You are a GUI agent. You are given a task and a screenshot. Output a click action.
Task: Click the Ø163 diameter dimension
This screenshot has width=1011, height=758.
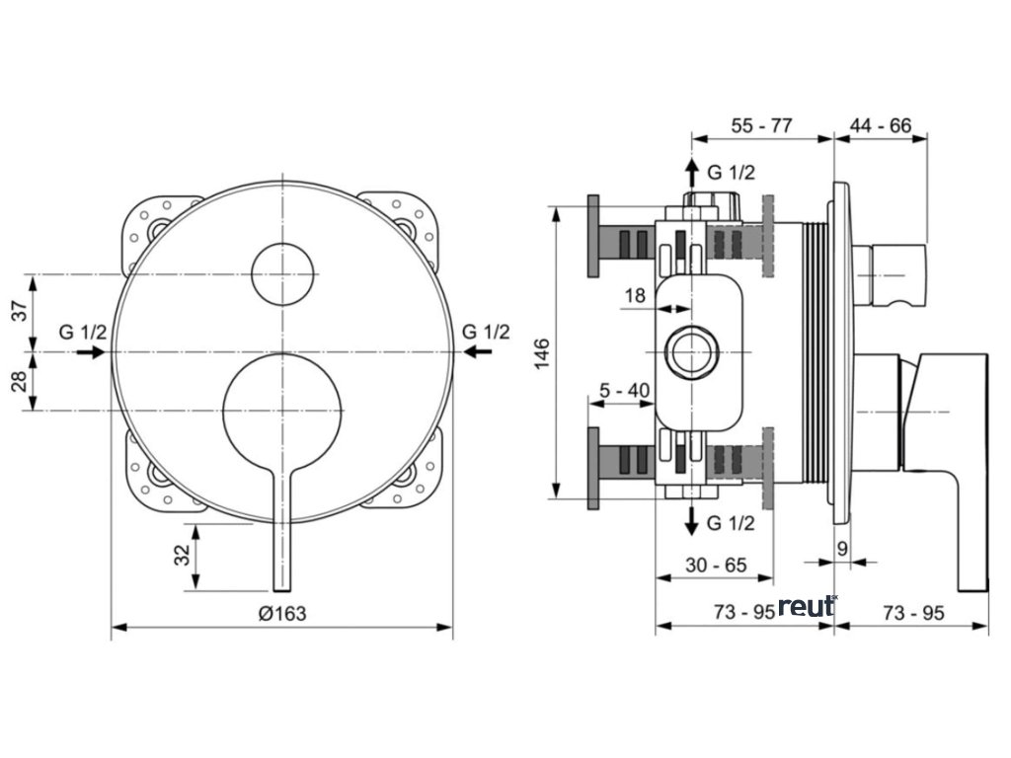282,613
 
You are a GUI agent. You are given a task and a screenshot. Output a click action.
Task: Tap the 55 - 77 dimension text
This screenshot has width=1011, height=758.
761,126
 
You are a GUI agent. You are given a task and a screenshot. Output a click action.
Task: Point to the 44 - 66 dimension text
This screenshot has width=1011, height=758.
881,126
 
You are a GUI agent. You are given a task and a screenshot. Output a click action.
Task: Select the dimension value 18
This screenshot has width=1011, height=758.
634,294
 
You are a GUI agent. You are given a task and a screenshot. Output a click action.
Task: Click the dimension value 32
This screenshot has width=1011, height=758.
182,556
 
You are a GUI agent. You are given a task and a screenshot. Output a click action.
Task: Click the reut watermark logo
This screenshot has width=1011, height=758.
807,606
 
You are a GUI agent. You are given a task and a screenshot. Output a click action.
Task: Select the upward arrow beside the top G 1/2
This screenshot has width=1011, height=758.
692,170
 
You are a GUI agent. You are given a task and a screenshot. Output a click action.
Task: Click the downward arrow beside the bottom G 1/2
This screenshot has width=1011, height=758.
692,520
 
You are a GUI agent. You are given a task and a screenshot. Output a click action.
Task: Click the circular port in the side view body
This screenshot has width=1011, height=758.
691,352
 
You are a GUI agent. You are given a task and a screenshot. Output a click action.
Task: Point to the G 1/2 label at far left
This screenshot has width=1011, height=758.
82,331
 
